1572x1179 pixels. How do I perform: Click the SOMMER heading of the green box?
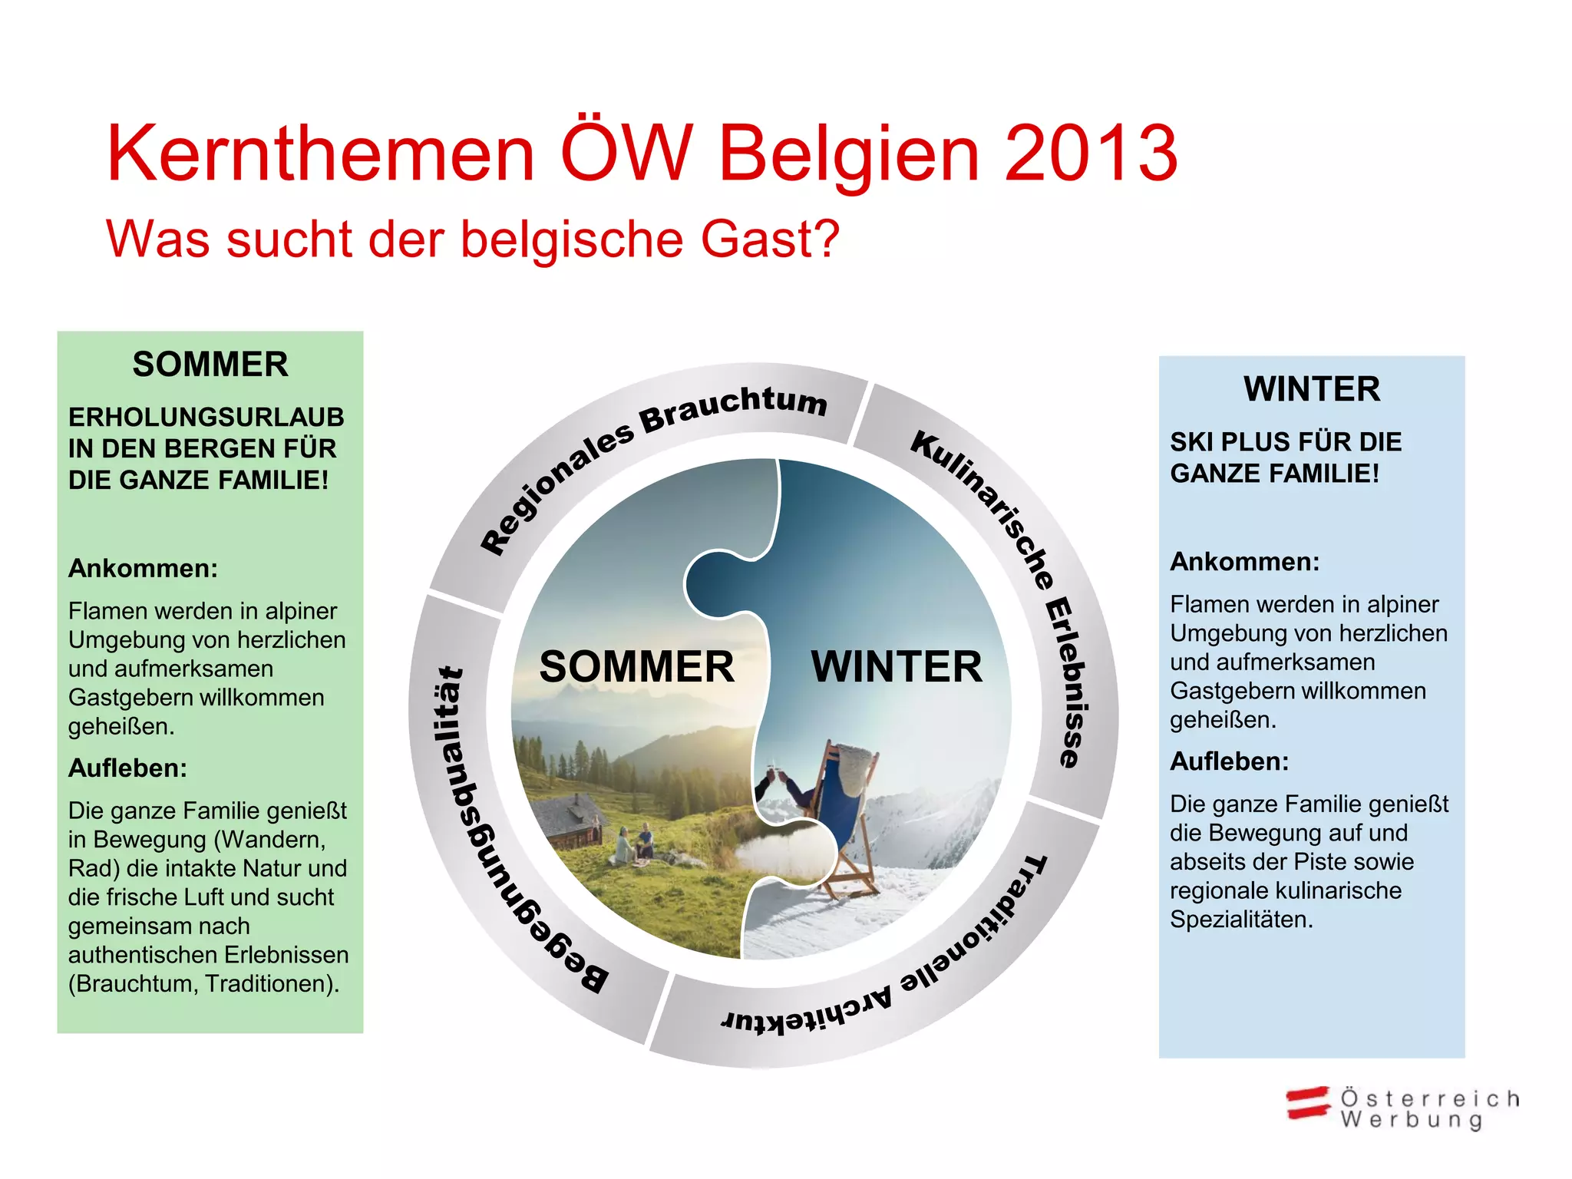point(210,364)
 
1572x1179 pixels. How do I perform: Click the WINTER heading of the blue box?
point(1312,389)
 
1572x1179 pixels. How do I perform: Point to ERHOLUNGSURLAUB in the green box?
point(206,417)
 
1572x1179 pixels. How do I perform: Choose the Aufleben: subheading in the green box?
point(127,768)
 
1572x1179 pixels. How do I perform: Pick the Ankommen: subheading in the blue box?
point(1244,562)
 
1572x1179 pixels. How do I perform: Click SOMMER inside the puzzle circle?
point(636,666)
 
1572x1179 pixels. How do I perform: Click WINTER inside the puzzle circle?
point(897,666)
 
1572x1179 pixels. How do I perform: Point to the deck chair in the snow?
point(844,821)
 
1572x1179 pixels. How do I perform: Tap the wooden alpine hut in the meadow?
point(568,821)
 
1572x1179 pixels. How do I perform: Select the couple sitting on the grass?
point(636,843)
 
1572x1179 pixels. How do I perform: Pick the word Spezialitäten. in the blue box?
point(1241,920)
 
